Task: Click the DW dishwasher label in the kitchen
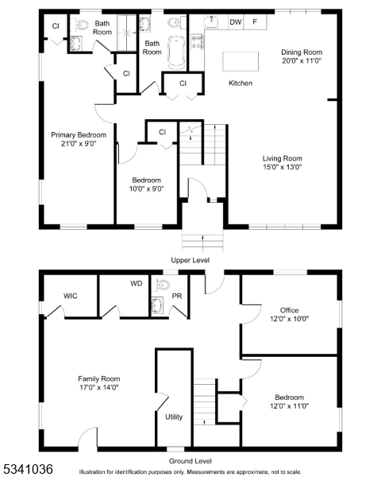pyautogui.click(x=236, y=22)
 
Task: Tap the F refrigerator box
pyautogui.click(x=256, y=22)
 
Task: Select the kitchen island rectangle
pyautogui.click(x=241, y=61)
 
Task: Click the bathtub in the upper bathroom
pyautogui.click(x=176, y=52)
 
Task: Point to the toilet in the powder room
pyautogui.click(x=163, y=285)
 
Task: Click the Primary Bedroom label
pyautogui.click(x=79, y=135)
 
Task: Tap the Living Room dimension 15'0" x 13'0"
pyautogui.click(x=283, y=167)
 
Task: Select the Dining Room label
pyautogui.click(x=302, y=52)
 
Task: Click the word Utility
pyautogui.click(x=174, y=417)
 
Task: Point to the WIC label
pyautogui.click(x=70, y=296)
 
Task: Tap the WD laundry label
pyautogui.click(x=136, y=284)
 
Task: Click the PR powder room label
pyautogui.click(x=177, y=296)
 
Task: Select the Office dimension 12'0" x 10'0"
pyautogui.click(x=289, y=319)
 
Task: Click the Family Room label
pyautogui.click(x=99, y=379)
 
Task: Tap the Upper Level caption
pyautogui.click(x=190, y=261)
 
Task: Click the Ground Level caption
pyautogui.click(x=190, y=461)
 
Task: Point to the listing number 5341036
pyautogui.click(x=28, y=469)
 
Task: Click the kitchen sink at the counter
pyautogui.click(x=211, y=21)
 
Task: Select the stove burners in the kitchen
pyautogui.click(x=197, y=41)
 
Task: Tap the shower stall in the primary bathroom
pyautogui.click(x=127, y=33)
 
